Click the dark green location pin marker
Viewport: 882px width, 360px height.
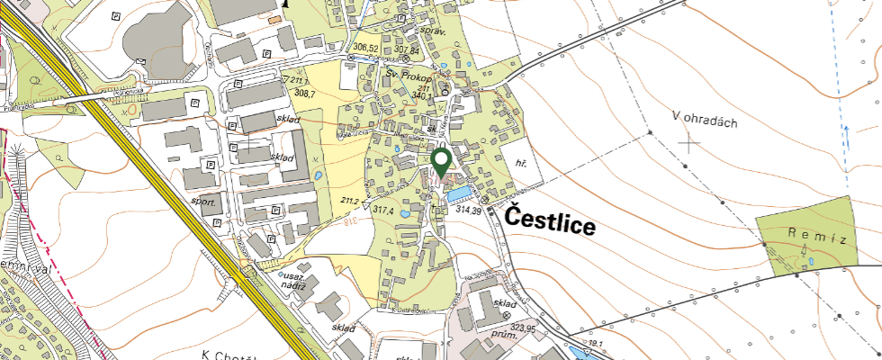pos(441,163)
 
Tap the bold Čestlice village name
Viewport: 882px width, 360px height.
pos(549,220)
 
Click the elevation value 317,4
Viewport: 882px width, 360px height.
pos(385,210)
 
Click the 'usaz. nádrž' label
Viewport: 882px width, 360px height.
pos(296,280)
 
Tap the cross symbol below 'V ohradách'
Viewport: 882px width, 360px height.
pos(689,142)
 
